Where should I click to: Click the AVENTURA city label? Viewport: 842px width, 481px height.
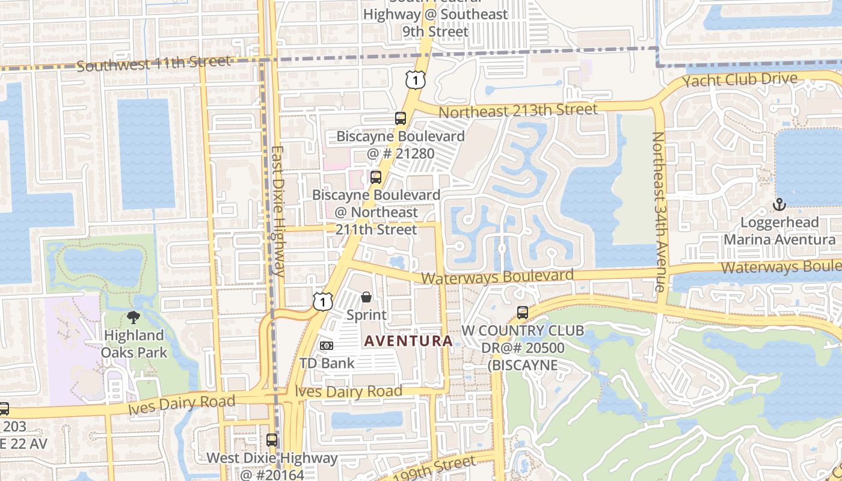(x=408, y=341)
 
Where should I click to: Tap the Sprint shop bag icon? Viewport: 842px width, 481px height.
(x=366, y=297)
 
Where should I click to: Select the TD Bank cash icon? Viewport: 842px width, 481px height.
(x=327, y=346)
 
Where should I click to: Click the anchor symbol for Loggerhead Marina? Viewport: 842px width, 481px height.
(x=779, y=204)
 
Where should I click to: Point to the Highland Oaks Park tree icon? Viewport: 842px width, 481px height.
(x=133, y=317)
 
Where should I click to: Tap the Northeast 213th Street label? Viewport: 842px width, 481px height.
(x=518, y=111)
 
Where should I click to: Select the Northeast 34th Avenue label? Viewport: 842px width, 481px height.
(x=659, y=212)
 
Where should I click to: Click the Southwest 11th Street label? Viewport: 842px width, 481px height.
(x=153, y=63)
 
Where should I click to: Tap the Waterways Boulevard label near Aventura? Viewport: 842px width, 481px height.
(x=497, y=277)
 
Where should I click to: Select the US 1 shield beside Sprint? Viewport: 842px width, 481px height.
(x=323, y=301)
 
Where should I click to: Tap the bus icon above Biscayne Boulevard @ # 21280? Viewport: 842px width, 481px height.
(x=401, y=118)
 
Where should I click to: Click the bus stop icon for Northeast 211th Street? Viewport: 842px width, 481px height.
(x=376, y=177)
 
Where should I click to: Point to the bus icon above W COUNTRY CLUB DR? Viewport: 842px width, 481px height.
(x=523, y=313)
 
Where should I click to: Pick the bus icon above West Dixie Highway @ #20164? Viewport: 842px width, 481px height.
(x=272, y=440)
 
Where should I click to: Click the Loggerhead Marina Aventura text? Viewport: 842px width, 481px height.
(x=779, y=231)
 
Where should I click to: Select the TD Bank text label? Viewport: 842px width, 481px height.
(x=327, y=363)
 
